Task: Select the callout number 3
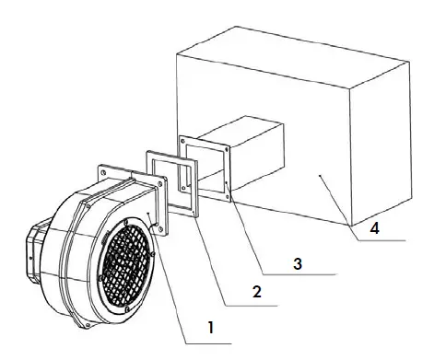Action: coord(297,262)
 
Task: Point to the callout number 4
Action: coord(372,224)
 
